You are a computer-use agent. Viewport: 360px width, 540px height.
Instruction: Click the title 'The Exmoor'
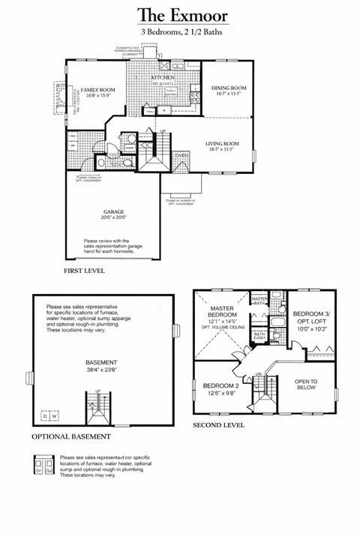pyautogui.click(x=182, y=15)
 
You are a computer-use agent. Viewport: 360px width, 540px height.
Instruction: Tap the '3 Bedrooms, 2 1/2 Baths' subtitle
pyautogui.click(x=181, y=33)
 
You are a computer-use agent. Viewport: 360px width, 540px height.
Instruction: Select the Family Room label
pyautogui.click(x=97, y=89)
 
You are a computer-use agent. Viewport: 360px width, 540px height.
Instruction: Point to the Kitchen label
pyautogui.click(x=163, y=77)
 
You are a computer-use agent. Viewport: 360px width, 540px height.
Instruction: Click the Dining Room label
pyautogui.click(x=229, y=88)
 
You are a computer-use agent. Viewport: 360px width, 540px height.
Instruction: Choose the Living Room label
pyautogui.click(x=223, y=143)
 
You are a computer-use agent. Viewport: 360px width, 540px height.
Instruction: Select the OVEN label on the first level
pyautogui.click(x=181, y=156)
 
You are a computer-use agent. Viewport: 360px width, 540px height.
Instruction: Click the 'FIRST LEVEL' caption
pyautogui.click(x=84, y=270)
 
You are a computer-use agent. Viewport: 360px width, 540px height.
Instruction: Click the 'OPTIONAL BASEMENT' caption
pyautogui.click(x=71, y=436)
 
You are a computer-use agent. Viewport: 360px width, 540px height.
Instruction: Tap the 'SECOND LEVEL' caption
pyautogui.click(x=218, y=424)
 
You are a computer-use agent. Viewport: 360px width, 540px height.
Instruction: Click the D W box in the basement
pyautogui.click(x=49, y=416)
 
